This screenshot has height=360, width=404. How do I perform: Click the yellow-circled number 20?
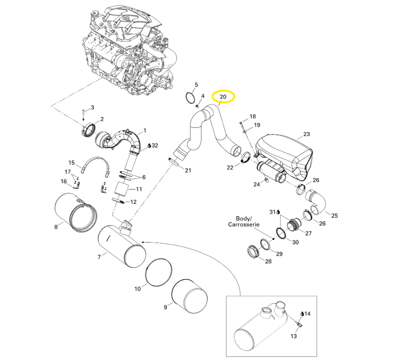click(x=223, y=97)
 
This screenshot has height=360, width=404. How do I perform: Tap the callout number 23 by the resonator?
click(x=306, y=134)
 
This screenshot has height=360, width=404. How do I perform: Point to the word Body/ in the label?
click(x=244, y=218)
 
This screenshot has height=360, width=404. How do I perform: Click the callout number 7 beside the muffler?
click(x=99, y=257)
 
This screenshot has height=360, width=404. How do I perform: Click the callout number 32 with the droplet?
click(x=155, y=146)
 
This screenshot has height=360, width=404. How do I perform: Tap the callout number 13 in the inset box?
click(x=294, y=336)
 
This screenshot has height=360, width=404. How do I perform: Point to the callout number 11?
click(x=139, y=189)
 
